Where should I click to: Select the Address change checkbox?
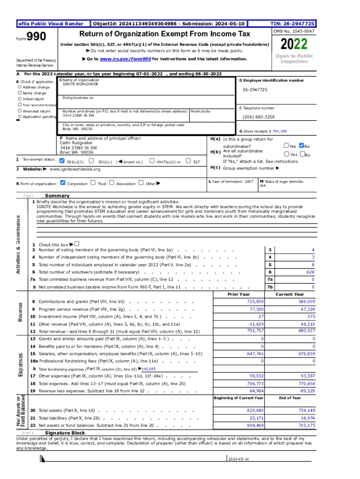(19, 87)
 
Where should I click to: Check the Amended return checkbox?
(19, 111)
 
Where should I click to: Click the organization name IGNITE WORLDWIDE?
(80, 84)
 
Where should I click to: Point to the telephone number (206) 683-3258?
(259, 117)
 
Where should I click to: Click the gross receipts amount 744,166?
(280, 131)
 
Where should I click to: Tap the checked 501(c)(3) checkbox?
(63, 161)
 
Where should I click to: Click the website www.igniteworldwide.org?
(75, 169)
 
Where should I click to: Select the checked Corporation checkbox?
(63, 183)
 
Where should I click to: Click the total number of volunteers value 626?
(310, 272)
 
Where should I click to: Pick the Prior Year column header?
(238, 294)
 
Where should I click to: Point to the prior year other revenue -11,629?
(256, 324)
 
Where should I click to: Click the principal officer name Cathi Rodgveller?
(75, 143)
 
